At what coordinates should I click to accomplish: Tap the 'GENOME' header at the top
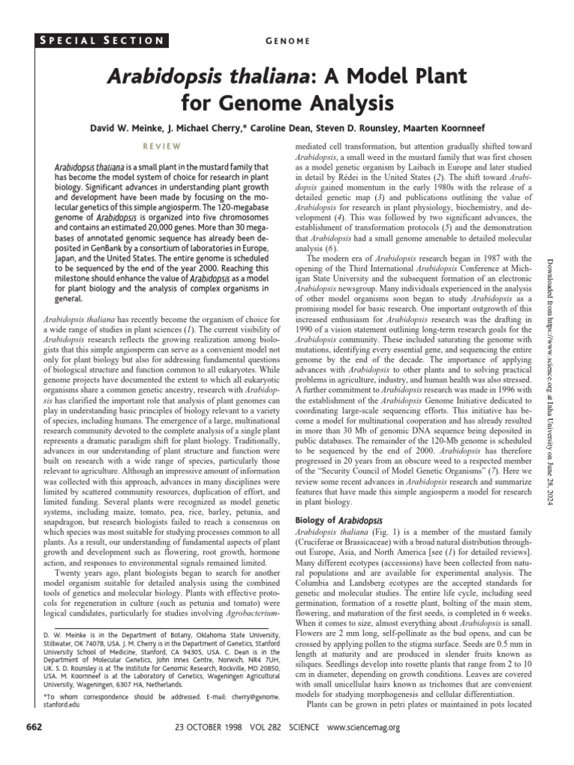(x=286, y=40)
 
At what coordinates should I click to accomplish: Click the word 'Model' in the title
(x=369, y=75)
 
